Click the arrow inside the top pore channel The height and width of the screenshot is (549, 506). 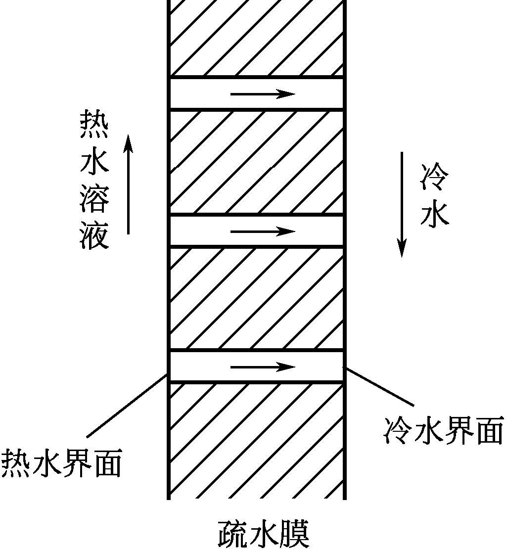click(x=263, y=93)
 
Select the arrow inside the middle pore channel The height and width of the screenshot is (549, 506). click(x=263, y=231)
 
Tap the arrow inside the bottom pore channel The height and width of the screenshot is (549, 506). click(x=263, y=366)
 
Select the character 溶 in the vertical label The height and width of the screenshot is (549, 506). click(x=94, y=200)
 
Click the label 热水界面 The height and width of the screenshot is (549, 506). click(x=61, y=463)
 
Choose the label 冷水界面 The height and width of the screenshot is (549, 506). click(x=443, y=430)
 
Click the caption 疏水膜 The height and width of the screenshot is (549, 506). click(x=264, y=533)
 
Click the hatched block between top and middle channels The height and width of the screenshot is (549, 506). click(x=256, y=162)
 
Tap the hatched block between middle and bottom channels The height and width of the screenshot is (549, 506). click(x=256, y=298)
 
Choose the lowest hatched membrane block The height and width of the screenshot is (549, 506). click(x=256, y=440)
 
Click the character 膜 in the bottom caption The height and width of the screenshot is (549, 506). click(x=294, y=533)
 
